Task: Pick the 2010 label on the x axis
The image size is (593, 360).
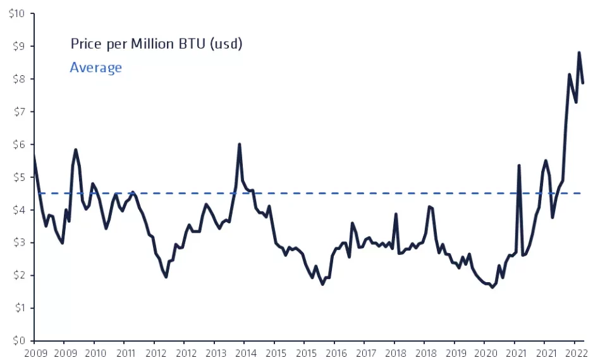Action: click(94, 353)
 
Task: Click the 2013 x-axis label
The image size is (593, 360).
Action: click(215, 353)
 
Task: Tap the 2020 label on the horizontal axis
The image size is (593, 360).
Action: click(486, 353)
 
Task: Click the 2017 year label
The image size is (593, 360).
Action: click(365, 353)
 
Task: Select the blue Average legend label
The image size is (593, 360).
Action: click(95, 68)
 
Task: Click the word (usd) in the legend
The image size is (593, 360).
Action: click(226, 44)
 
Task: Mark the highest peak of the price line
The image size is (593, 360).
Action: click(578, 53)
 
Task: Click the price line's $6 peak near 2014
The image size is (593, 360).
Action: click(239, 144)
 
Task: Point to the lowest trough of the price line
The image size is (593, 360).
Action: click(492, 287)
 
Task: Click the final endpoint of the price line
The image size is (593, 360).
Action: click(583, 83)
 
